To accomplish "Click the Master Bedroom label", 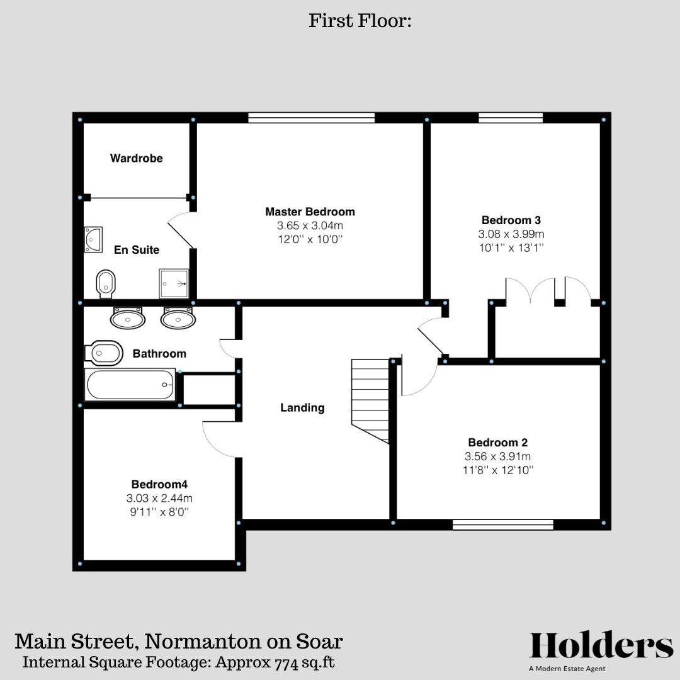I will tap(310, 212).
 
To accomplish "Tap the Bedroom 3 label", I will tap(511, 220).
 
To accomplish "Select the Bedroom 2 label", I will tap(497, 442).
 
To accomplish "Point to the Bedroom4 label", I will tap(159, 484).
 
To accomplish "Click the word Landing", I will tap(302, 408).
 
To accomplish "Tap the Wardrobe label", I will tap(136, 158).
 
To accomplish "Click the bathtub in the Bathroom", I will tap(131, 385).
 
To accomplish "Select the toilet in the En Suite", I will tap(105, 284).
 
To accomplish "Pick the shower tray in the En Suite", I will tap(174, 283).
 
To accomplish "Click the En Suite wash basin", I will tap(93, 240).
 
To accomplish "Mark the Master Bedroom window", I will tap(311, 117).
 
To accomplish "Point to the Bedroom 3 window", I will tap(510, 117).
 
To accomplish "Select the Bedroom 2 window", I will tap(502, 524).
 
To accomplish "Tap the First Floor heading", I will tap(360, 21).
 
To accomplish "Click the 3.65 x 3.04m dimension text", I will tap(310, 225).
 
